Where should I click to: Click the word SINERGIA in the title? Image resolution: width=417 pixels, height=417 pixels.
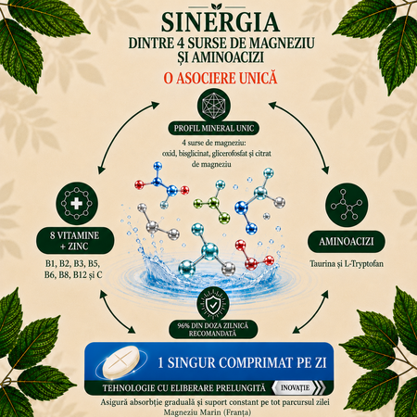(x=221, y=22)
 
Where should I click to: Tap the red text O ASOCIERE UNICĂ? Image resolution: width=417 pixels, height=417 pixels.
(x=221, y=78)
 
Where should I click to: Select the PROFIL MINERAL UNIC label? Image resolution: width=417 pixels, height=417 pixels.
(x=214, y=128)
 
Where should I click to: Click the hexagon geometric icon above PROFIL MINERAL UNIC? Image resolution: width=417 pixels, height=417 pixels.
(x=214, y=105)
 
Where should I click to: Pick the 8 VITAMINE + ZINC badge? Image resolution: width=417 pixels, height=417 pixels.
(x=75, y=241)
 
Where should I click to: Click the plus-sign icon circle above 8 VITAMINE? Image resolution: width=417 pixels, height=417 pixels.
(x=77, y=204)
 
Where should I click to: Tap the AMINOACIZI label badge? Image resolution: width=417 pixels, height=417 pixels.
(x=347, y=241)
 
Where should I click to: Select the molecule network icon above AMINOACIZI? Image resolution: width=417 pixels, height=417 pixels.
(x=347, y=205)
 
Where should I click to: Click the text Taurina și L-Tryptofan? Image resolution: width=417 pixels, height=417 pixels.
(x=347, y=264)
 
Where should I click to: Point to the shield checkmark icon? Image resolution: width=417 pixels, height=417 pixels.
(x=213, y=304)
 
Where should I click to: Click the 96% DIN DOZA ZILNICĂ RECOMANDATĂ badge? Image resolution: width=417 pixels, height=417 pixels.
(x=213, y=329)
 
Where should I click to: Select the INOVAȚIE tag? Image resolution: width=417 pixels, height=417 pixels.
(x=297, y=387)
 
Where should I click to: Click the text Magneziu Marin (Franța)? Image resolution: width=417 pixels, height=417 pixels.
(x=208, y=412)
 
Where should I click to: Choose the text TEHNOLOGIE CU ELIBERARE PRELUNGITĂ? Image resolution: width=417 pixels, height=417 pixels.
(x=184, y=388)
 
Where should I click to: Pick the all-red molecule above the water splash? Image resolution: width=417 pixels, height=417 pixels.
(x=254, y=255)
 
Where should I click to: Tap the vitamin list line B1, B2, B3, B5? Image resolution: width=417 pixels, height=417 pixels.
(x=72, y=263)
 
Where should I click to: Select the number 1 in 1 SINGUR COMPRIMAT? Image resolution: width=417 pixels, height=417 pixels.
(x=160, y=362)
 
